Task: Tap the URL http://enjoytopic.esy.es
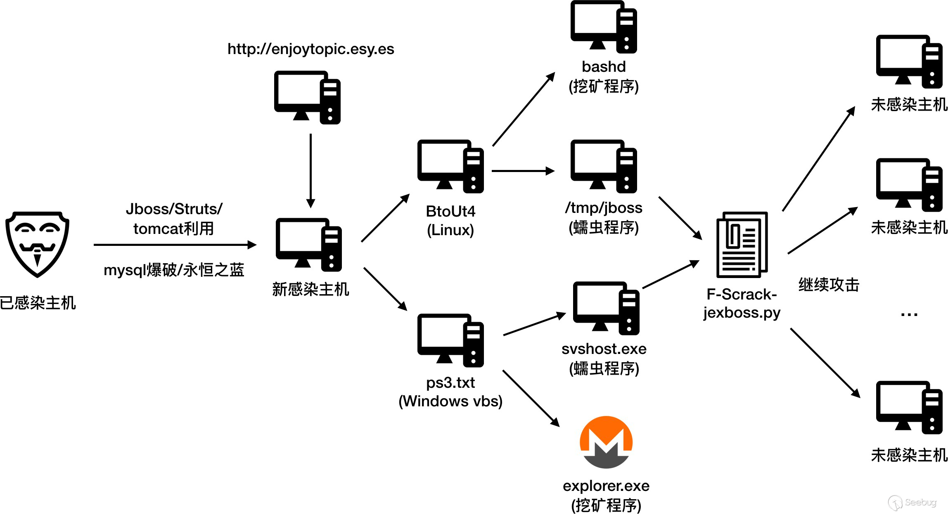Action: tap(310, 49)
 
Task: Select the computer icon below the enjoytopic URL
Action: tap(307, 97)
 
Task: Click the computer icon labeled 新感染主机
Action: tap(308, 245)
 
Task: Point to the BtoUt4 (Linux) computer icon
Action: tap(450, 166)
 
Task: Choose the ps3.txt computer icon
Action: tap(450, 340)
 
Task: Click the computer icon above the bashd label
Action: tap(604, 27)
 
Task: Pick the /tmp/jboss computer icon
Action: tap(604, 166)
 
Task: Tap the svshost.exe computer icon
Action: tap(606, 308)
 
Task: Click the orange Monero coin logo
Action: tap(606, 442)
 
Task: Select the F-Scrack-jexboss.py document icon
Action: tap(742, 245)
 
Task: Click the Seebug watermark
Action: tap(912, 502)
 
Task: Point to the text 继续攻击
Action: tap(829, 285)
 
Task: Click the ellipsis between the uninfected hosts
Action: tap(909, 315)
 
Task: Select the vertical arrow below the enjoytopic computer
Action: tap(310, 170)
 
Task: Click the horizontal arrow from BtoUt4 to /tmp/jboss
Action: tap(523, 171)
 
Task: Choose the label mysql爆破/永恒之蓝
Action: tap(174, 270)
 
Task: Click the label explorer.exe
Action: tap(606, 486)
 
